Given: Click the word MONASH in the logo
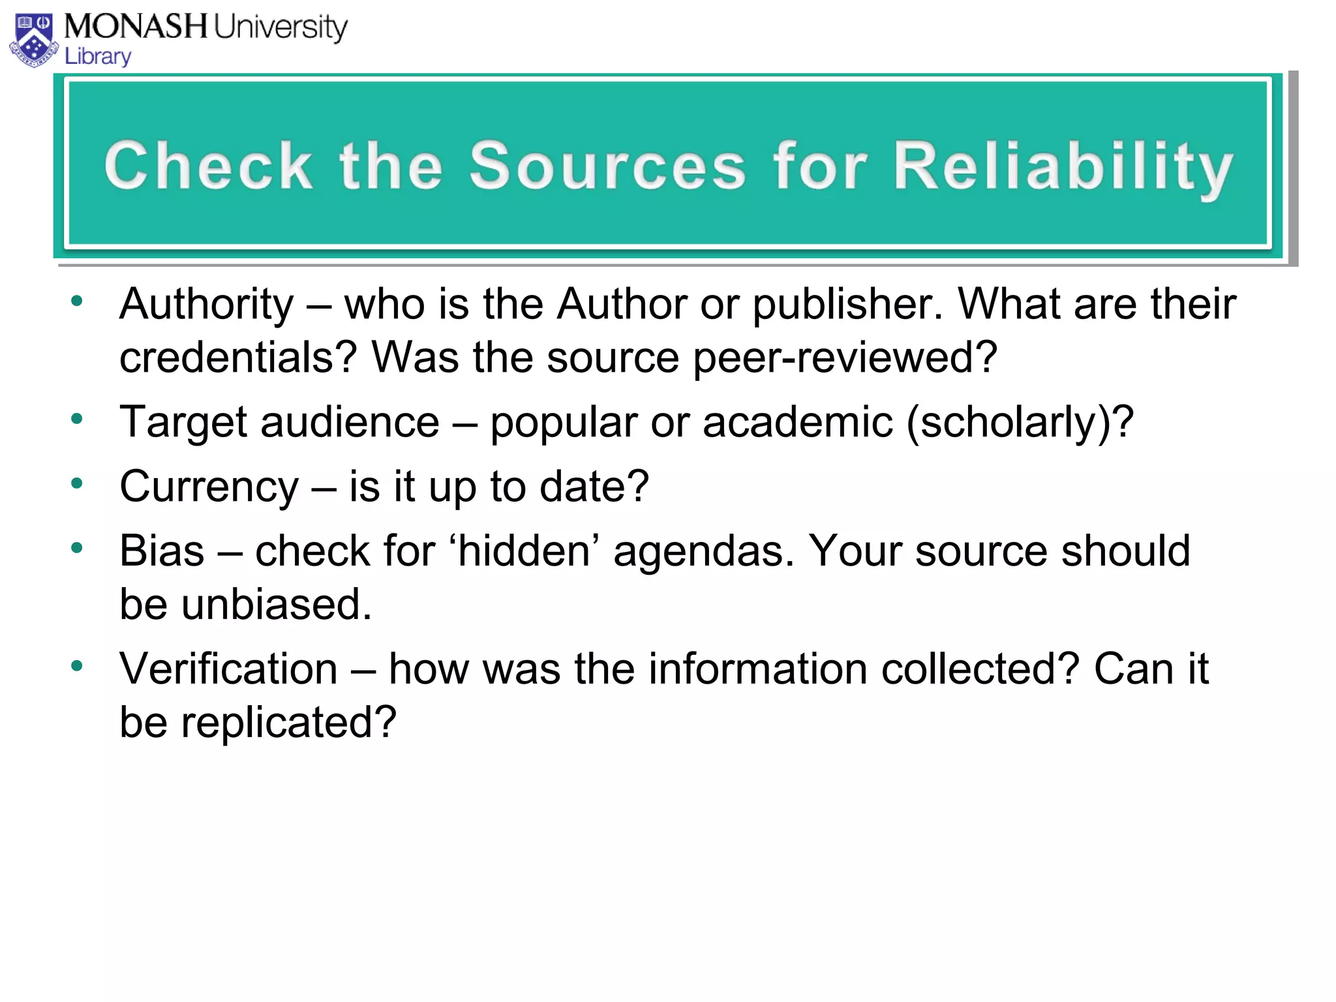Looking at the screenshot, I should pos(136,27).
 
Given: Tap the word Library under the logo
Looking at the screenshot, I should pos(98,57).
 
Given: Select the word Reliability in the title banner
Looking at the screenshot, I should pos(1063,167).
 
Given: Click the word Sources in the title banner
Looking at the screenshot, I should pos(607,166).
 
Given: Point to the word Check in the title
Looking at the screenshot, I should pos(208,166).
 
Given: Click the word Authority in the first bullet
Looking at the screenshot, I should pos(207,305).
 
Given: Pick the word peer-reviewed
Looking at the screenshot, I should pos(844,357).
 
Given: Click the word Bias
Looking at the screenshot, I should pos(162,551).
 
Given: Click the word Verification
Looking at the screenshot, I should pos(228,669).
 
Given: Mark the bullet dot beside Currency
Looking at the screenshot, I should pos(78,483).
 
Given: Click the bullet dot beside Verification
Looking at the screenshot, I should pos(78,666).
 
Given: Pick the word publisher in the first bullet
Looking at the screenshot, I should pos(847,305).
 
